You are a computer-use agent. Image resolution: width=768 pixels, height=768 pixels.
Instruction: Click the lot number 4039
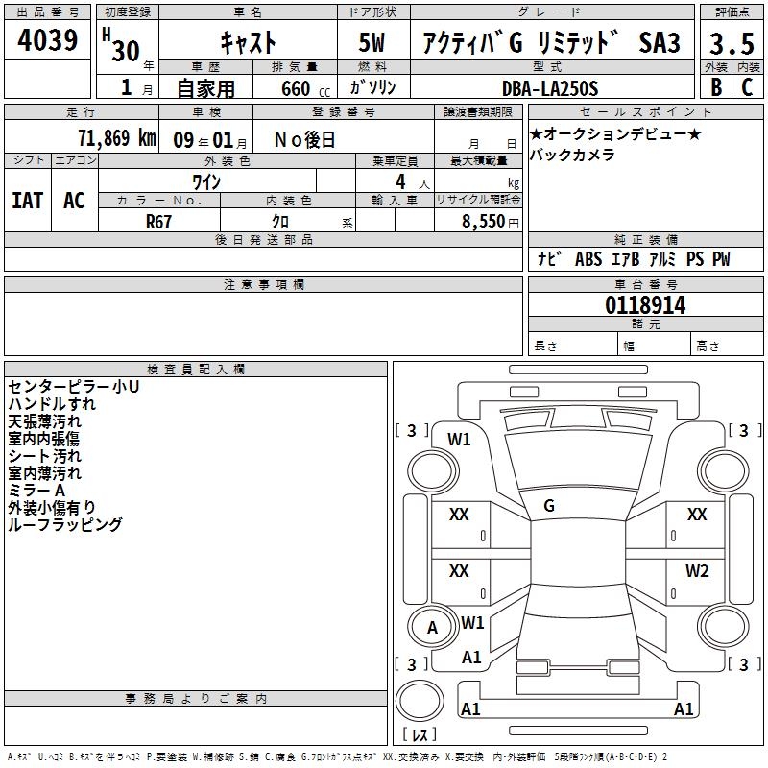pos(47,39)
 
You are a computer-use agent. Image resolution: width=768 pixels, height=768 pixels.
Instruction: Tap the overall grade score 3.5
pos(732,43)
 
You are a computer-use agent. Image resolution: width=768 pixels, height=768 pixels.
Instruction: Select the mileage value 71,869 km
pos(117,138)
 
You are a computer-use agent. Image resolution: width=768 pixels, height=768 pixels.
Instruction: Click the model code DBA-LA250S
pos(550,88)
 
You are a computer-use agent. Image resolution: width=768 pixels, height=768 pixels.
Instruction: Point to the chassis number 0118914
pos(645,305)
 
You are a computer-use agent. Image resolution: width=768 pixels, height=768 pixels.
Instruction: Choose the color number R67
pos(158,222)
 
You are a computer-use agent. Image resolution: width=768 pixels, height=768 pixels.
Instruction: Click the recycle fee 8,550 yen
pos(490,222)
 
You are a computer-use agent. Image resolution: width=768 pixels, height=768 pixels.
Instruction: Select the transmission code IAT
pos(28,201)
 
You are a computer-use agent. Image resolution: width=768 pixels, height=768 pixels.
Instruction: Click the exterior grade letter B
pos(716,87)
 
